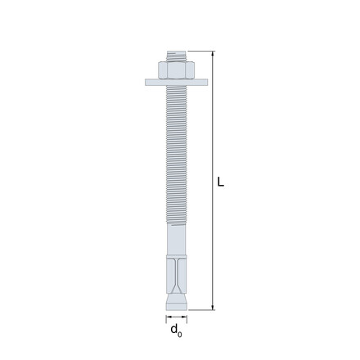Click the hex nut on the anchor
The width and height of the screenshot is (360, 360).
[x=176, y=70]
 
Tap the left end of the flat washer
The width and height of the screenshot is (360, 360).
[x=146, y=83]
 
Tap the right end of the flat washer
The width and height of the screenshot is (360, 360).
[x=208, y=83]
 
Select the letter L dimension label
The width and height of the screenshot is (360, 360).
[x=220, y=182]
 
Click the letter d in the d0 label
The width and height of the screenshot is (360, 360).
[x=173, y=329]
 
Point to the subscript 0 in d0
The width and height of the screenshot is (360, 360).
[x=179, y=335]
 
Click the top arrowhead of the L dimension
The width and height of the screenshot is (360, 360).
[x=213, y=54]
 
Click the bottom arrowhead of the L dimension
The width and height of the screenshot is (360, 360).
[x=213, y=307]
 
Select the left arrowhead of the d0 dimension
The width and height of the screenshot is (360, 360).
[x=169, y=317]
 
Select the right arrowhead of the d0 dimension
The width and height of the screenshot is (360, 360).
[x=184, y=317]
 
